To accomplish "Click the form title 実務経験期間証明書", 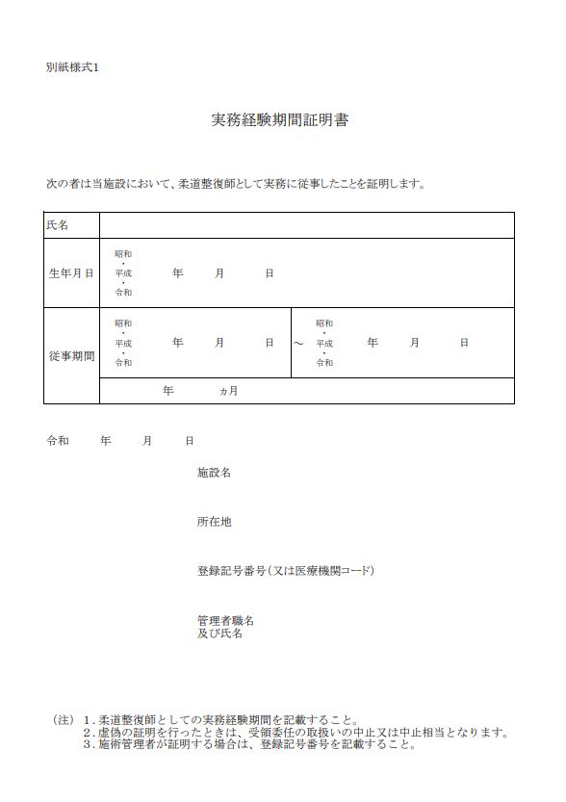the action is click(279, 121).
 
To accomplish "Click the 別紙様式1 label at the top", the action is click(72, 67).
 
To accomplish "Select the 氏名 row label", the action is click(58, 225).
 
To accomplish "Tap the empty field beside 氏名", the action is click(306, 225).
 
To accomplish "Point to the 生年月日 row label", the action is click(71, 273).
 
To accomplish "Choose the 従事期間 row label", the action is click(71, 356).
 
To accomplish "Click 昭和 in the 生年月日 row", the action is click(123, 254).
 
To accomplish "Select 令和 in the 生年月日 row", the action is click(123, 293).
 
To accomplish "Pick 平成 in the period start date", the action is click(123, 343).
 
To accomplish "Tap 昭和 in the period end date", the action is click(324, 323).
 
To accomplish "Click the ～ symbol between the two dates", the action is click(298, 344).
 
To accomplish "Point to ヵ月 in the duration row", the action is click(228, 391).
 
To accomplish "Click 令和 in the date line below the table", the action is click(58, 441).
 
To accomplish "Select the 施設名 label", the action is click(214, 473).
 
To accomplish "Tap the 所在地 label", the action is click(214, 522).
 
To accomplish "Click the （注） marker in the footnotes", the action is click(63, 719).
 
